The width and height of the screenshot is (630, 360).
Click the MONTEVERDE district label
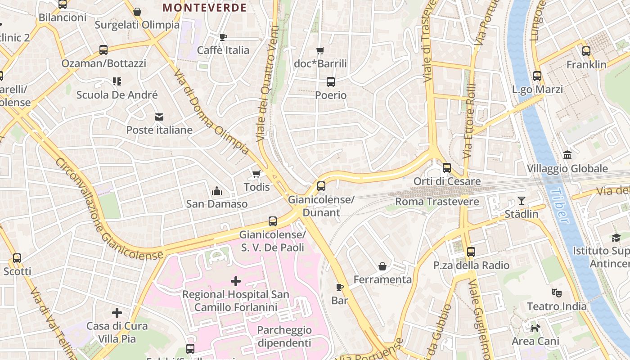point(204,8)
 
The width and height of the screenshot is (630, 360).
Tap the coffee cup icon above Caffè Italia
point(223,37)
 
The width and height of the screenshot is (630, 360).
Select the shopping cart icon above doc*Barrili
point(320,51)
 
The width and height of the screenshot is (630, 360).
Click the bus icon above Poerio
point(331,82)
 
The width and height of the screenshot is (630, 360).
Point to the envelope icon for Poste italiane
point(159,117)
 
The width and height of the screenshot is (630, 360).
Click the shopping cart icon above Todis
point(256,174)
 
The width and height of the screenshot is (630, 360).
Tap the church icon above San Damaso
point(217,191)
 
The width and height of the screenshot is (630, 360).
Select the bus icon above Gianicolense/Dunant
point(321,186)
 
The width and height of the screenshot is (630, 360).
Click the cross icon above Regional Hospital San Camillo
point(236,281)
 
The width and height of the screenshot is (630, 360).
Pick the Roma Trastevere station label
point(437,202)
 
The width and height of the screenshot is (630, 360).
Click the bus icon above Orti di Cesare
point(447,168)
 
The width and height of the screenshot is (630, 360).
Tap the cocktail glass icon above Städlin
point(522,201)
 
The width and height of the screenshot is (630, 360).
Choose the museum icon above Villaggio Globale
point(567,155)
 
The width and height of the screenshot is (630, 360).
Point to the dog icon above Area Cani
point(535,328)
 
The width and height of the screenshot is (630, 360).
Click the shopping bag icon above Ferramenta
point(382,266)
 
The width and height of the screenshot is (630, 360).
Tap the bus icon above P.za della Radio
point(471,252)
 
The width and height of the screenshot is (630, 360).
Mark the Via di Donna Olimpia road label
point(211,112)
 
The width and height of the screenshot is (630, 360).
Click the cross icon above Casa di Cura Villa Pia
point(117,312)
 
